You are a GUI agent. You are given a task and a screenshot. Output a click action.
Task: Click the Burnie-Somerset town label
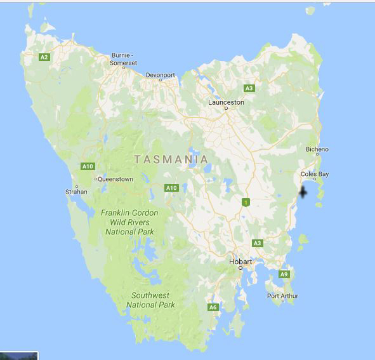(124, 58)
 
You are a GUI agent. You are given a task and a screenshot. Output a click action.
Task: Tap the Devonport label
(160, 75)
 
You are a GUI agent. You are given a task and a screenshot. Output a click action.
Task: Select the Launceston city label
(226, 102)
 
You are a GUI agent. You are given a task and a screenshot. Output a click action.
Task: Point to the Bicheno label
(317, 150)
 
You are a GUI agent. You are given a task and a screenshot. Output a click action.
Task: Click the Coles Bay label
(314, 174)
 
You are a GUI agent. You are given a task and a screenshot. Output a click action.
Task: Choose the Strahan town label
(77, 191)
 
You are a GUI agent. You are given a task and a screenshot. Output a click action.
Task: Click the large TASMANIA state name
(171, 159)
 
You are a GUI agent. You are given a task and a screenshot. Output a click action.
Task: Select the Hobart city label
(240, 262)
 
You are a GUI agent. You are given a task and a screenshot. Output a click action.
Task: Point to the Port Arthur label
(282, 296)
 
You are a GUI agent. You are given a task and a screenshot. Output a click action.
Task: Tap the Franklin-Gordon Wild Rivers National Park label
(129, 222)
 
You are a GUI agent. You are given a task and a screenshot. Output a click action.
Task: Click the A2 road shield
(44, 57)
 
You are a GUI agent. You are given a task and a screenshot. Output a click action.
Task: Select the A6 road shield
(213, 307)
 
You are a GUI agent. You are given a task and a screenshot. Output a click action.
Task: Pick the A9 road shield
(284, 274)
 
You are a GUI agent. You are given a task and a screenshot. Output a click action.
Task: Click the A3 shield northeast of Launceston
(249, 88)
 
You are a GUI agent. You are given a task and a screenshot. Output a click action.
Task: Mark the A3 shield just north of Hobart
(257, 243)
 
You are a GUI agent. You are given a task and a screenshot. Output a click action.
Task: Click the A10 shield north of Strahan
(88, 166)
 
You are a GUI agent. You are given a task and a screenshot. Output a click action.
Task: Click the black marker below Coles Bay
(303, 192)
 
